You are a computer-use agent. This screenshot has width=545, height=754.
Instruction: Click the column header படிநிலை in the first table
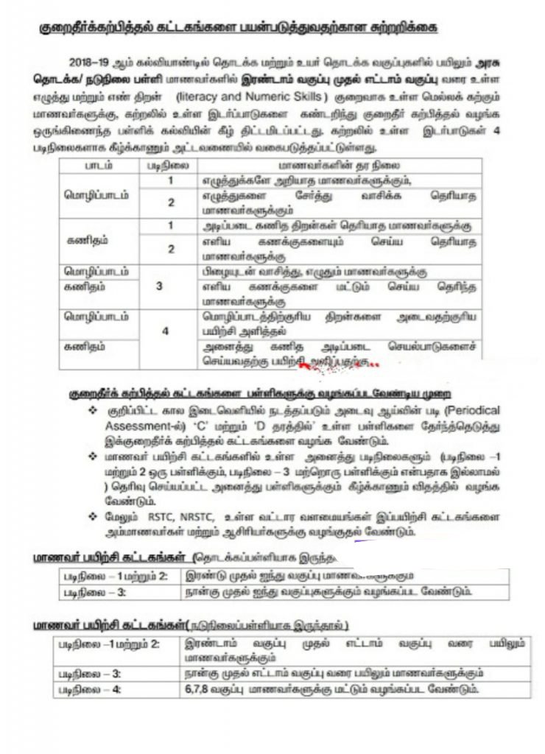point(171,166)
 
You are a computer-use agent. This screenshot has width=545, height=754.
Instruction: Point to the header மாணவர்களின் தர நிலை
point(339,166)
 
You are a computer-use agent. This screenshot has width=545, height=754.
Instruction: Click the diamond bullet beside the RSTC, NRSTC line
point(93,516)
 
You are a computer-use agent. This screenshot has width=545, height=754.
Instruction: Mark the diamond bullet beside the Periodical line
point(93,409)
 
